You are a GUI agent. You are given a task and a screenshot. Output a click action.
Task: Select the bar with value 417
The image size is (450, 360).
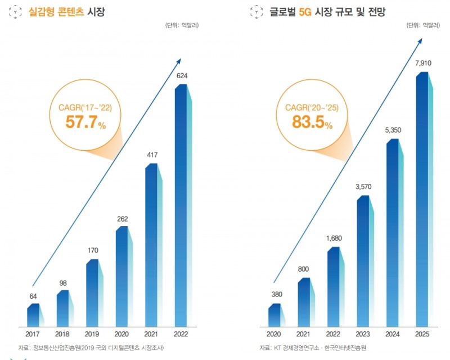click(152, 245)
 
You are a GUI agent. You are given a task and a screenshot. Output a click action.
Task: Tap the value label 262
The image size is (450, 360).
click(123, 219)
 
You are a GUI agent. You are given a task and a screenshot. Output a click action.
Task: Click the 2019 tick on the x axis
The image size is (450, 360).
click(93, 334)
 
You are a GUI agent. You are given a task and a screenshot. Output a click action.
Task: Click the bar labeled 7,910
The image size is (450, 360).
click(424, 200)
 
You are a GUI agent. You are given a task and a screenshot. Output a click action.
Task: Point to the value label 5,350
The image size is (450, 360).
click(394, 130)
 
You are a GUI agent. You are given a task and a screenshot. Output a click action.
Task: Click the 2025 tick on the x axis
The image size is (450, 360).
click(424, 334)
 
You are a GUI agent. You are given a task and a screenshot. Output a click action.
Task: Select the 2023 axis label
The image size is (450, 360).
click(364, 334)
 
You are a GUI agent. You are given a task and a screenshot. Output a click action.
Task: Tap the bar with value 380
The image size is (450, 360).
click(275, 315)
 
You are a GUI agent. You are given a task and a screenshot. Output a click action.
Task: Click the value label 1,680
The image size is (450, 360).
click(334, 238)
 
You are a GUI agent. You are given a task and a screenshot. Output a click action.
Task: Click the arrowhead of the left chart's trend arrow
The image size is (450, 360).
click(179, 60)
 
